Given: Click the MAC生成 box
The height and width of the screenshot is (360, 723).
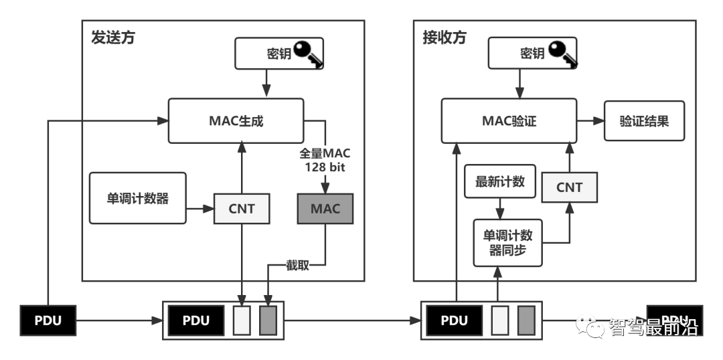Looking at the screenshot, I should (236, 121).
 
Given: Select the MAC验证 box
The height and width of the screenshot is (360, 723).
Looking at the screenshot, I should (509, 121).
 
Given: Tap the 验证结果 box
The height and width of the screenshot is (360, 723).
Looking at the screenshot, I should (644, 121).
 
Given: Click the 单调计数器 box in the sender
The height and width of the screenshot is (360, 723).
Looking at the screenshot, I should (137, 198).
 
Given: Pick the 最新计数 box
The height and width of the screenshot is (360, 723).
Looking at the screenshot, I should (500, 181).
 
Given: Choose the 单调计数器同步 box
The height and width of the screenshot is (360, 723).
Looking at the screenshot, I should (508, 242).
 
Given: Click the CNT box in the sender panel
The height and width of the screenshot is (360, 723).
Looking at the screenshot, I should (242, 208).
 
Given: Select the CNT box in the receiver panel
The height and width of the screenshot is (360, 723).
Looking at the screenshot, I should (569, 187).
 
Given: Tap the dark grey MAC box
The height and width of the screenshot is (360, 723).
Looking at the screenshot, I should (325, 208).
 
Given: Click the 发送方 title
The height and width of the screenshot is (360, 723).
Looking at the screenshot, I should (112, 37).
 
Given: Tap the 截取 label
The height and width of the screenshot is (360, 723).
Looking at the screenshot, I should (297, 266).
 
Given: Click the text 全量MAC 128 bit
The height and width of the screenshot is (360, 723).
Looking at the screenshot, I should (325, 160).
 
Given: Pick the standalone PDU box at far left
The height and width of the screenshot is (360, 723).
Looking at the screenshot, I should (48, 321).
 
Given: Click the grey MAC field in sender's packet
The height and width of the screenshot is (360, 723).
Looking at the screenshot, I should (268, 321).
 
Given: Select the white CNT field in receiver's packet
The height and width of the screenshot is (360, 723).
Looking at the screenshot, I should (499, 321).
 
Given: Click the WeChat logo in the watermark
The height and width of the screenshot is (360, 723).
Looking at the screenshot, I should (591, 326).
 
